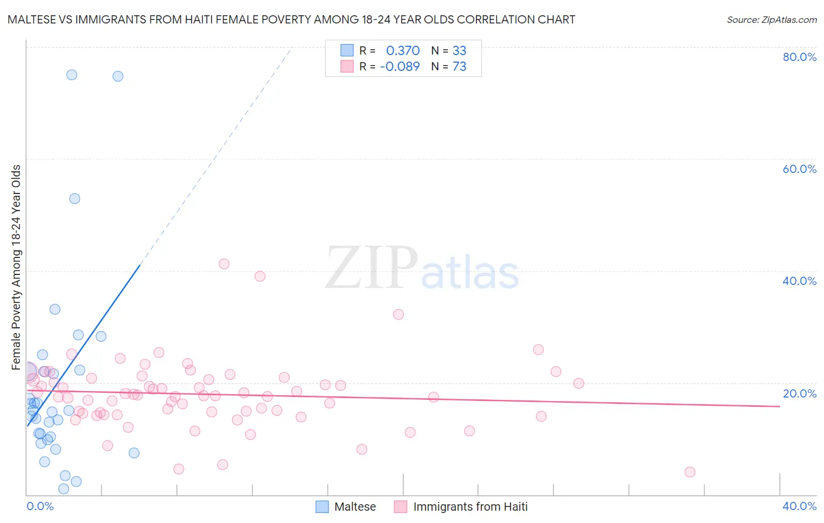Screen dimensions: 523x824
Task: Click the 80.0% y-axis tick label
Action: point(799,57)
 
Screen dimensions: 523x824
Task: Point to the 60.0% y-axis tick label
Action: point(799,169)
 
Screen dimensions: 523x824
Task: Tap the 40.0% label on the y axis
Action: point(799,281)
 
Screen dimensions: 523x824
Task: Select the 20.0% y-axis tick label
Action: point(799,393)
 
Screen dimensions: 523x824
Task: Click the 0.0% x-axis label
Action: point(40,506)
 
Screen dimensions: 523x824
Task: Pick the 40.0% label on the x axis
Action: point(799,506)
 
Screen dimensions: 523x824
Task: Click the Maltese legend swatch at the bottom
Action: point(322,507)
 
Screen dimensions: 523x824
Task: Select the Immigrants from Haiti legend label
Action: point(470,507)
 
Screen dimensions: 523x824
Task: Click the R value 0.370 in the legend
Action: point(403,51)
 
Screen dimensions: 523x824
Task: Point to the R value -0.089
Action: point(400,67)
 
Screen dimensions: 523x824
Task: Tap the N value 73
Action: point(459,67)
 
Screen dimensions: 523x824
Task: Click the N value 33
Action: point(459,51)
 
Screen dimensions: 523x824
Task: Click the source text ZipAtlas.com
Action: point(771,20)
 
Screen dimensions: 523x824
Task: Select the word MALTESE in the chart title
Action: point(32,19)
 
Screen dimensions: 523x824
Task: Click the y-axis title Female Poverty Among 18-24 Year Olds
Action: point(16,267)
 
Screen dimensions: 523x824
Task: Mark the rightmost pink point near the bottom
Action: point(690,472)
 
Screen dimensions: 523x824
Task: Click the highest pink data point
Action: point(224,264)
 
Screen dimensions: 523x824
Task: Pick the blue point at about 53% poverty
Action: point(74,199)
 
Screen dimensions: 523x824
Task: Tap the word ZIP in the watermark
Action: point(371,269)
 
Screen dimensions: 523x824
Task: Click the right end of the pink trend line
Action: point(779,406)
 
